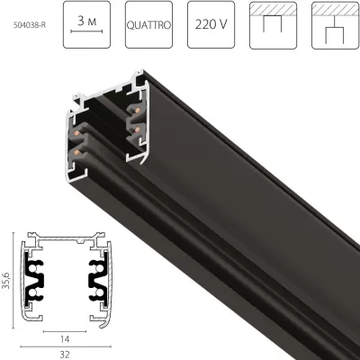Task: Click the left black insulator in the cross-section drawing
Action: point(43,283)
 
